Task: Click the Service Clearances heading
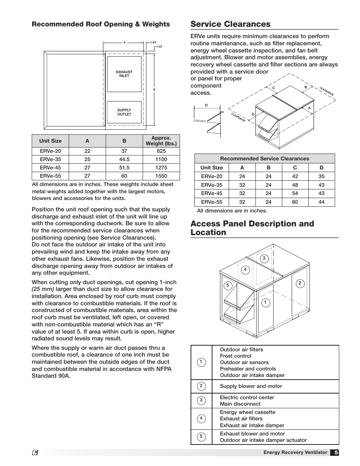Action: tap(230, 24)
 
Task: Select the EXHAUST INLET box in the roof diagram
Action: tap(124, 74)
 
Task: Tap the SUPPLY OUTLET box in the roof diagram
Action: tap(124, 112)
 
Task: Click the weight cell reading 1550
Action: tap(161, 176)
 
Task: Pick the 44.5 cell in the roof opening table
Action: tap(124, 159)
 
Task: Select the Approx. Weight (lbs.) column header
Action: tap(161, 141)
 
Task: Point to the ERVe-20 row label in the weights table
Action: tap(50, 151)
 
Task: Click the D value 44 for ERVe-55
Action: tap(322, 202)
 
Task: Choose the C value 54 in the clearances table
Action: tap(295, 193)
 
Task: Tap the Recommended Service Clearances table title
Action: tap(265, 158)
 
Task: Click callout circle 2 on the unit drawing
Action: tap(300, 283)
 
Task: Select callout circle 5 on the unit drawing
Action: tap(228, 285)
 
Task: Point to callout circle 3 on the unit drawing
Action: tap(264, 258)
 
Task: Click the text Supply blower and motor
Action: tap(251, 386)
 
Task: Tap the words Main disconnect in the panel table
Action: tap(240, 404)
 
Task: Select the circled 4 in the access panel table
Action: tap(201, 418)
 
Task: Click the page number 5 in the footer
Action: tap(335, 452)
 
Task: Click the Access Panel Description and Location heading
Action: tap(252, 228)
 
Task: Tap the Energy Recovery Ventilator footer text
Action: tap(295, 452)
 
